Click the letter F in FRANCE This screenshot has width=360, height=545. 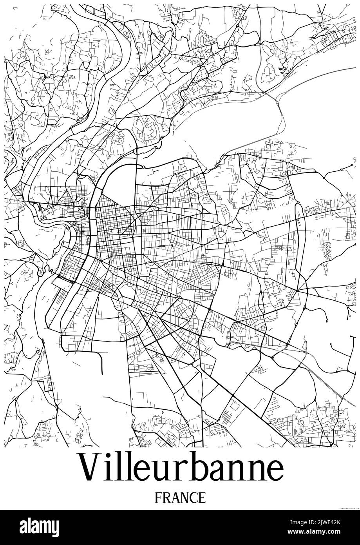158,498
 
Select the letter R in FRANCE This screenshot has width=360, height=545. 166,498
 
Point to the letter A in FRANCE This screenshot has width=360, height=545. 175,498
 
